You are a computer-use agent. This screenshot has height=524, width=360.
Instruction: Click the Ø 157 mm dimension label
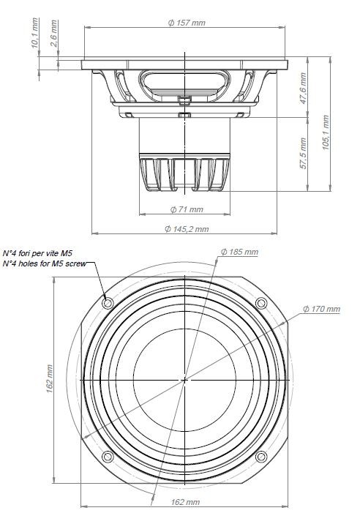pos(186,23)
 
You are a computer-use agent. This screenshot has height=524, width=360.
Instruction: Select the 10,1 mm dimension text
pos(35,33)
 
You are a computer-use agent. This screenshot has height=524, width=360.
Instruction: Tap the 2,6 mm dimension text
pos(54,34)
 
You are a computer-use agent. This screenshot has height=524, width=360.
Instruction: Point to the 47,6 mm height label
pos(303,89)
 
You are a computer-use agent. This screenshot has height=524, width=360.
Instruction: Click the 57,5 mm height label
pos(303,153)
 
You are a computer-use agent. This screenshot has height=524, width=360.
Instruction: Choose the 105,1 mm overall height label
pos(326,132)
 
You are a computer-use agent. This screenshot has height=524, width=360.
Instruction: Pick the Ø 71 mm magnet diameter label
pos(187,209)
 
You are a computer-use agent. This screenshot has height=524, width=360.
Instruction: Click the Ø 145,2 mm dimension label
pos(187,229)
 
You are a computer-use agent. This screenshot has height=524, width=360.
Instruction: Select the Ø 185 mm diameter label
pos(239,252)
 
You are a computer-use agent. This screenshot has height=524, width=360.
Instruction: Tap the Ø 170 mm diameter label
pos(321,309)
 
